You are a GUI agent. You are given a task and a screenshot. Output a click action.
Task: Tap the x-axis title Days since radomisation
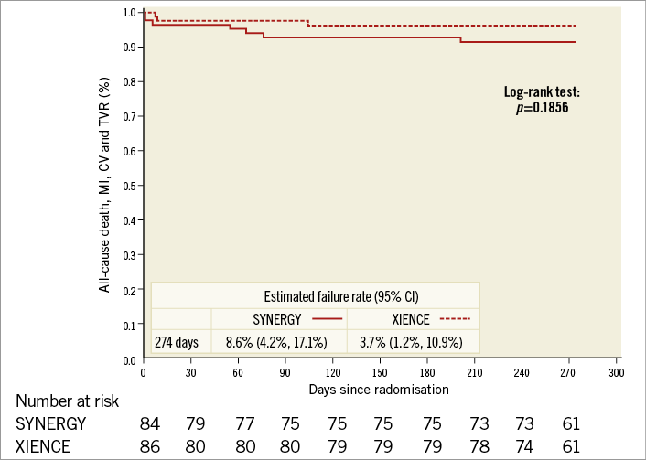point(380,389)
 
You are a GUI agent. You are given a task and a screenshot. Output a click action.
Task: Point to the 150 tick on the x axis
point(380,374)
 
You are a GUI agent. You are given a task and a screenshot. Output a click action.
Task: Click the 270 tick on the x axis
point(569,374)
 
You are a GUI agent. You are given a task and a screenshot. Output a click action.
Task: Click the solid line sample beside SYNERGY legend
point(326,319)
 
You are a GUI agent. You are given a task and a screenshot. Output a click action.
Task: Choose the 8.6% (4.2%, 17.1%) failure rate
point(278,343)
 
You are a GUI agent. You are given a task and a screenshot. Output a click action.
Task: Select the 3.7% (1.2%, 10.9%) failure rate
point(411,343)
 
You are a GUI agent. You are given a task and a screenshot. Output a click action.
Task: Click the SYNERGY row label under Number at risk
point(51,423)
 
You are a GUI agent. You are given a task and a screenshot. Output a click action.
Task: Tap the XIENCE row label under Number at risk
point(44,445)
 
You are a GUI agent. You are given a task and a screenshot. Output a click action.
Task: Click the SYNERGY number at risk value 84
point(151,423)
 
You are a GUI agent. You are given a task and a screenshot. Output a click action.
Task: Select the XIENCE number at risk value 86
point(151,445)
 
